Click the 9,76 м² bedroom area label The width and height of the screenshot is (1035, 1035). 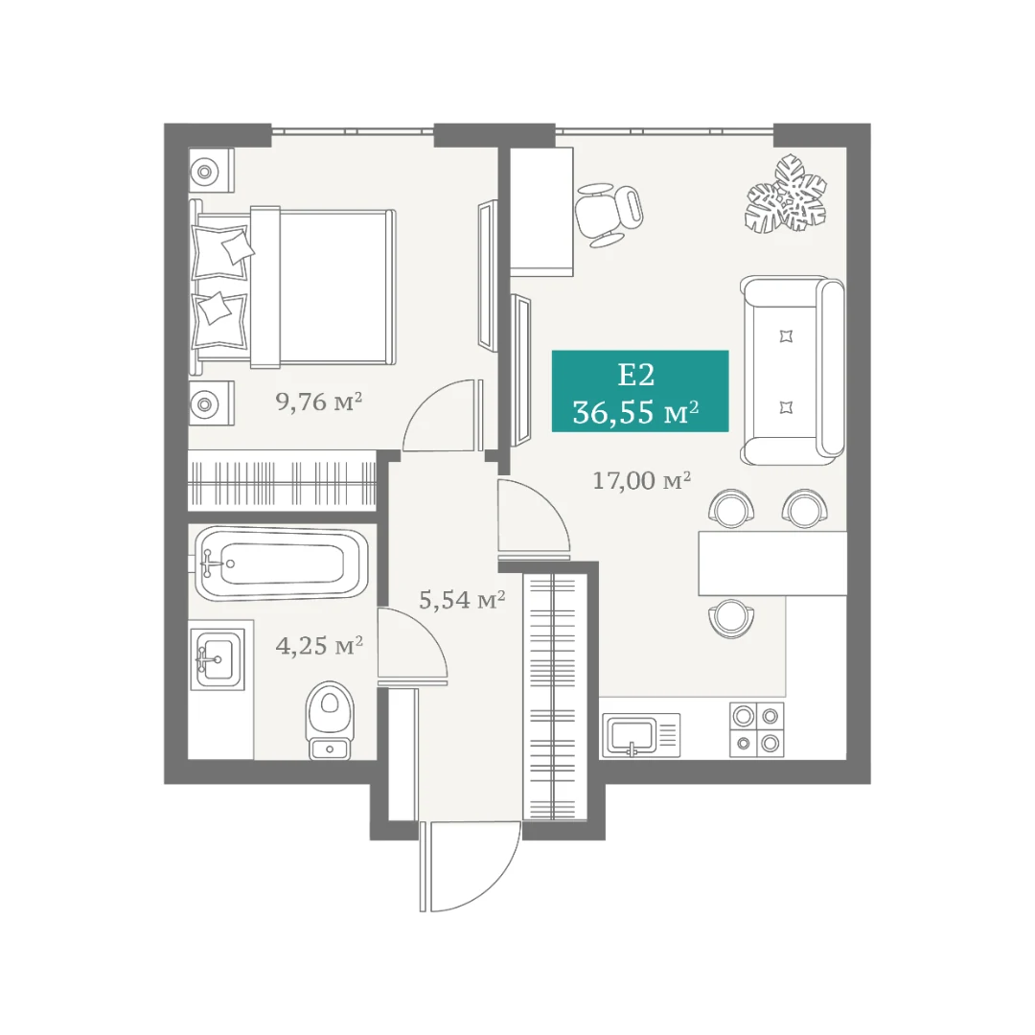[319, 401]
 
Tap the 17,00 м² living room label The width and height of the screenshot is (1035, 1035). [641, 480]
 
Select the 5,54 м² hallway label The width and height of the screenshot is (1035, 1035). [462, 599]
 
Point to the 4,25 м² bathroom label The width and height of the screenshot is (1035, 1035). [319, 645]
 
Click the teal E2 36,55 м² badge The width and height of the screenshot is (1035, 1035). [640, 391]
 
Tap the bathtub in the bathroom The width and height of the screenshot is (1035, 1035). [284, 563]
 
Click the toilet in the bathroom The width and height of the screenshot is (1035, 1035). [330, 720]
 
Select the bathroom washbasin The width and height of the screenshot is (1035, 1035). [218, 659]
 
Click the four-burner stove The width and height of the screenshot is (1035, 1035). [756, 729]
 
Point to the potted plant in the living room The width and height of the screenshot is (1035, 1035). [786, 194]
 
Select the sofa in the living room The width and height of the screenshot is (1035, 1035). [793, 370]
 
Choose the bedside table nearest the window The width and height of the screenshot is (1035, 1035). [211, 171]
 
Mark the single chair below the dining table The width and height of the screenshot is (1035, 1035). [731, 618]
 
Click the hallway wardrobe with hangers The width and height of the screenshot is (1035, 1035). [555, 697]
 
